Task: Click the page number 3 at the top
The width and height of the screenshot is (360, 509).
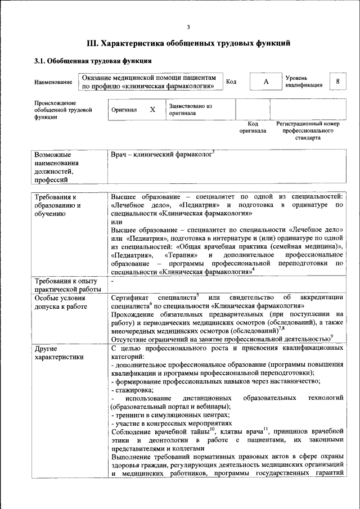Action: [189, 28]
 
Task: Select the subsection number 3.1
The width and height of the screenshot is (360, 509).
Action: [40, 61]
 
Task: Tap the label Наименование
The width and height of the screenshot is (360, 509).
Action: [53, 83]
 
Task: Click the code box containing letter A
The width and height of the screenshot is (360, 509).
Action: [265, 82]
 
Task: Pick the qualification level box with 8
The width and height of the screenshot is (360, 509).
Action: [337, 82]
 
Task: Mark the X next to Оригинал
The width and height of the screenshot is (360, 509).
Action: [152, 110]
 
